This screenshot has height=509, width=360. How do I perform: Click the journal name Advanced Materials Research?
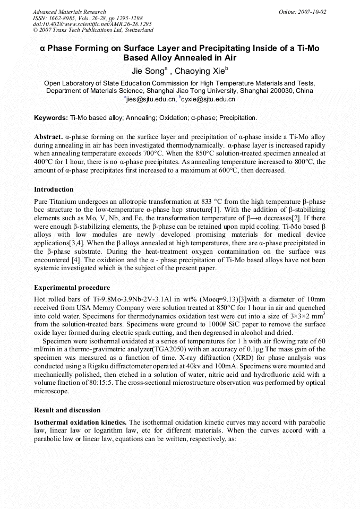(69, 12)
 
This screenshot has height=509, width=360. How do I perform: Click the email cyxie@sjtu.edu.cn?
(209, 99)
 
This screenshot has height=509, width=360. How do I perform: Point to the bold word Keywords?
(50, 117)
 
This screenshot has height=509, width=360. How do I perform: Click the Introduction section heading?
(54, 189)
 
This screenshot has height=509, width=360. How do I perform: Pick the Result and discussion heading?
(67, 410)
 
